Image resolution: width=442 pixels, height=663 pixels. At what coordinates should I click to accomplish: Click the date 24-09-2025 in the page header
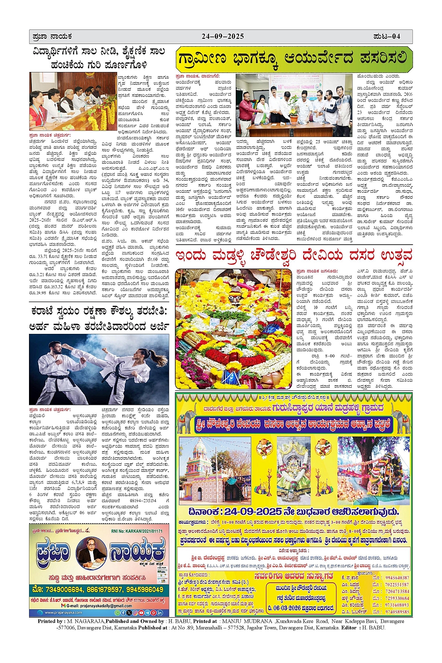(x=223, y=36)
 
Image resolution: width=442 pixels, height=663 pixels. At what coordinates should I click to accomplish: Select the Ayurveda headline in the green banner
(x=292, y=59)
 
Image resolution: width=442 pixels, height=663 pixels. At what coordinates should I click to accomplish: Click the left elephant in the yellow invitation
(x=187, y=419)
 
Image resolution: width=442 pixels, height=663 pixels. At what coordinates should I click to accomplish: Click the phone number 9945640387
(x=397, y=577)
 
